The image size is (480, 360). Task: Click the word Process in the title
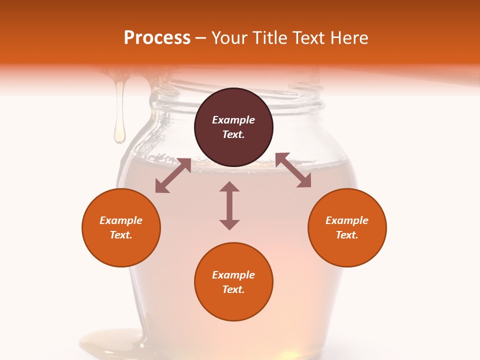(x=157, y=38)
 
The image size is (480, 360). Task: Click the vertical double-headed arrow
(x=229, y=205)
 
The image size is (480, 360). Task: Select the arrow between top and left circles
(x=173, y=175)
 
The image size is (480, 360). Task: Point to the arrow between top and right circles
(x=293, y=170)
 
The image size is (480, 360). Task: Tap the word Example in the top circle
(x=233, y=120)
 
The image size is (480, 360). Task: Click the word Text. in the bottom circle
(x=233, y=289)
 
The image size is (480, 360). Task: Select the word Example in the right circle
(x=347, y=220)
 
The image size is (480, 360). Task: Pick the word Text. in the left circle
(x=121, y=235)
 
